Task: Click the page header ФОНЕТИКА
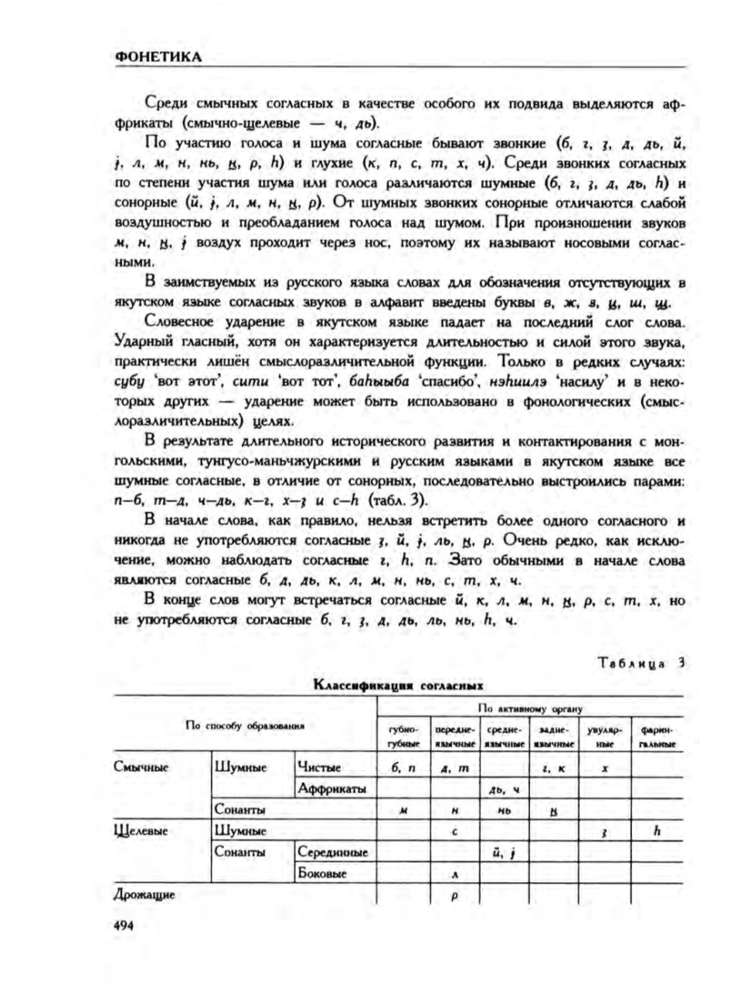click(x=158, y=56)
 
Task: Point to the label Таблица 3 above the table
click(x=641, y=662)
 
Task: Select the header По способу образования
click(x=244, y=725)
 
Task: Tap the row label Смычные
click(x=141, y=767)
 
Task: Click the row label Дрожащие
click(x=144, y=895)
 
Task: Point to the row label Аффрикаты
click(x=331, y=789)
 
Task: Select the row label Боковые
click(x=322, y=874)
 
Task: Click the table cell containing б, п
click(x=403, y=768)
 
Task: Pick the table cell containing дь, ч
click(x=504, y=789)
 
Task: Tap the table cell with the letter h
click(x=657, y=831)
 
